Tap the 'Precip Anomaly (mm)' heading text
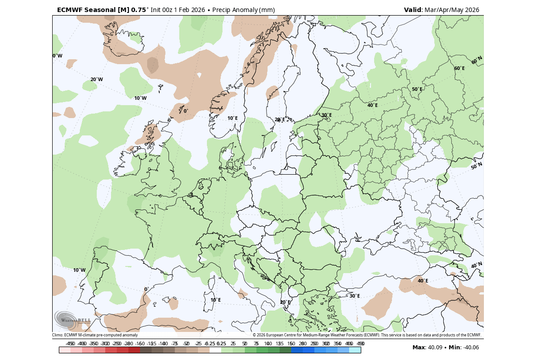click(243, 10)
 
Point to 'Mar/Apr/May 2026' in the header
click(451, 10)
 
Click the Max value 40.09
click(434, 348)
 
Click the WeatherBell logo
click(72, 319)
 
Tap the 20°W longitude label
click(96, 80)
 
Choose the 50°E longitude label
click(417, 90)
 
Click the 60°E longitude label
click(459, 69)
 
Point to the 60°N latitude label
click(477, 60)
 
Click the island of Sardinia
click(208, 302)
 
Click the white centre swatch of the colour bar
click(215, 350)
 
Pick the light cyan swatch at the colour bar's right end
click(355, 350)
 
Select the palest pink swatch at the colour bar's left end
click(65, 350)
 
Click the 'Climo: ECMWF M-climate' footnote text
click(95, 335)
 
